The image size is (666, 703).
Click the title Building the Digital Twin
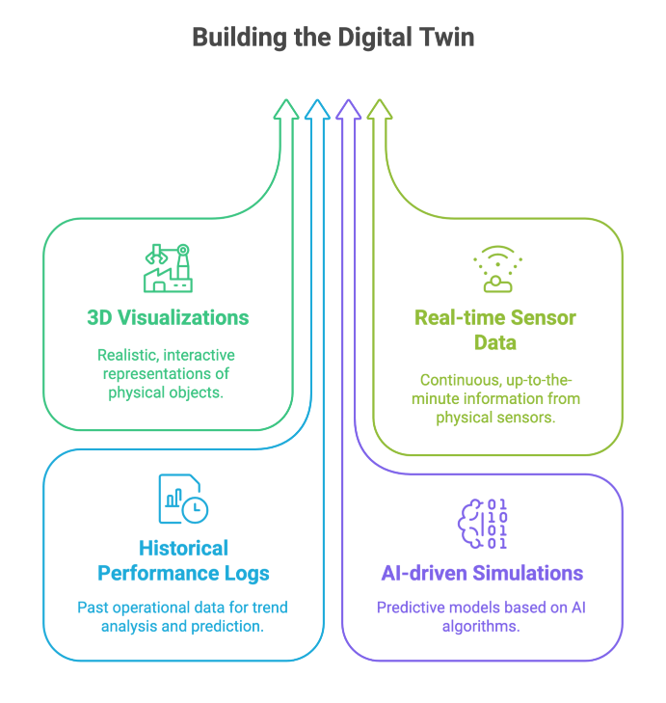[333, 39]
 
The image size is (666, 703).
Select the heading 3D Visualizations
[168, 317]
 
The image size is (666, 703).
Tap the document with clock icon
[182, 499]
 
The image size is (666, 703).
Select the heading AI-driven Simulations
[481, 574]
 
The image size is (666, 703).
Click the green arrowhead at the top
[285, 109]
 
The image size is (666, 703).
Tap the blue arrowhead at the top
[316, 109]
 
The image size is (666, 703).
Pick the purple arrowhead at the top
[348, 109]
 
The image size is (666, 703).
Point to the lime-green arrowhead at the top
[379, 109]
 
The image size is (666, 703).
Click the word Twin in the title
[447, 39]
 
